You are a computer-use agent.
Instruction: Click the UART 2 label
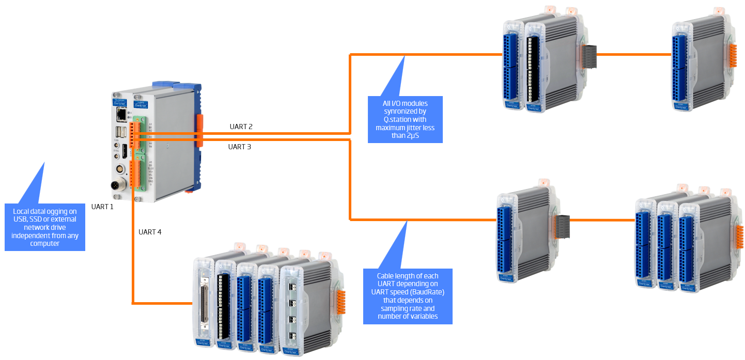click(241, 127)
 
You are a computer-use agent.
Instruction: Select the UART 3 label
click(240, 147)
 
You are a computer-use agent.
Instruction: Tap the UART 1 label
click(102, 207)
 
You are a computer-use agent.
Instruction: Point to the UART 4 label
click(150, 232)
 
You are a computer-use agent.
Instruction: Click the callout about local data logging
click(45, 227)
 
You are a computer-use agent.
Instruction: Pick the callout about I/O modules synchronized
click(405, 119)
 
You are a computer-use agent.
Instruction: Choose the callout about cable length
click(408, 296)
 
